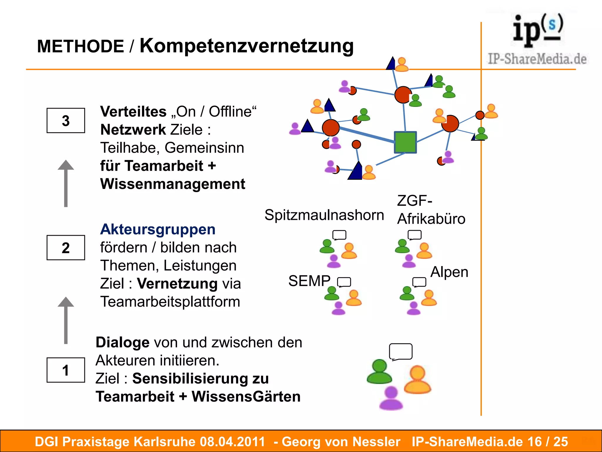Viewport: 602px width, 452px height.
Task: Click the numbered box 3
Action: pos(66,121)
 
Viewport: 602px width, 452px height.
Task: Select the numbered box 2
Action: pos(66,248)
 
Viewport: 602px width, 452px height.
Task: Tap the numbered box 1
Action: pos(66,370)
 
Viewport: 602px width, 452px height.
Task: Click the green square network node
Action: pos(405,142)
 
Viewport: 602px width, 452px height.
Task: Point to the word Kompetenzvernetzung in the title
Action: pos(246,46)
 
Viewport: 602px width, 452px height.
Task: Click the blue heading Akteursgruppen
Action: pos(158,229)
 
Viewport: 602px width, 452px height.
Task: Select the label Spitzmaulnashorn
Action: pos(324,215)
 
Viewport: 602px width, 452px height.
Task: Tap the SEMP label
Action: pos(309,281)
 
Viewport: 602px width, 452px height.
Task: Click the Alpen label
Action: pos(449,272)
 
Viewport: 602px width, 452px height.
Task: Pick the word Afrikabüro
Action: pos(431,219)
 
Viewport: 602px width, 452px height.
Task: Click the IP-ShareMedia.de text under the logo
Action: pos(537,59)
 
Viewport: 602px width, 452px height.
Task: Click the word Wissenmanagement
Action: pos(173,184)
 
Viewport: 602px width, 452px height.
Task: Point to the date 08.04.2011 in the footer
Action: pos(232,442)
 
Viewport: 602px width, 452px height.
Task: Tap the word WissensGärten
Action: pos(246,397)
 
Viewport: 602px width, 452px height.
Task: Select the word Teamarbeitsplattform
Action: pos(170,302)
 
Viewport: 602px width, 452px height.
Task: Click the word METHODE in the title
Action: pos(81,46)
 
